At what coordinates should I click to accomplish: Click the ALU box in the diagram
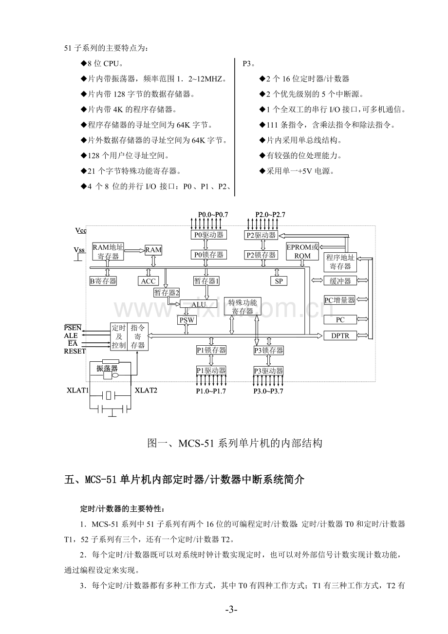tap(198, 304)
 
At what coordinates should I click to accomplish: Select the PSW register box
tap(187, 320)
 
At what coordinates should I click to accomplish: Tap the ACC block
tap(149, 281)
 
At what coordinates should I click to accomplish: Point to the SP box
tap(279, 281)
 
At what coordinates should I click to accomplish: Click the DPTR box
tap(340, 336)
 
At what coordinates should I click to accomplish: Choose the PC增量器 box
tap(339, 300)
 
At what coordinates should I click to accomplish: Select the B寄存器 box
tap(103, 281)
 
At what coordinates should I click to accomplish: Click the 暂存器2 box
tap(167, 292)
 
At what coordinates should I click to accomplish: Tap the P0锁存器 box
tap(208, 255)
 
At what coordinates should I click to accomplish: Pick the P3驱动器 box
tap(269, 371)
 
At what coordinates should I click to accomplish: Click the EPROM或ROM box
tap(302, 251)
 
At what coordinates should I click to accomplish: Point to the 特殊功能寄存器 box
tap(243, 306)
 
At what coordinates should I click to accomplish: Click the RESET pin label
tap(75, 351)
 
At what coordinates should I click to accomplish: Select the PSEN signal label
tap(73, 328)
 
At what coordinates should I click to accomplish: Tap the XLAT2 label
tap(146, 391)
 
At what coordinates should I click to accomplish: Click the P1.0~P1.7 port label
tap(211, 391)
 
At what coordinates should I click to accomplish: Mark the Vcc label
tap(81, 230)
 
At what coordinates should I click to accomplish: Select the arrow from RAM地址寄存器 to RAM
tap(134, 250)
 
